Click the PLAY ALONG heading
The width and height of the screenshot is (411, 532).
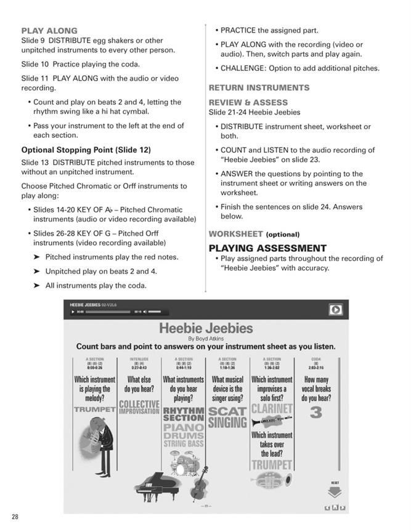point(49,30)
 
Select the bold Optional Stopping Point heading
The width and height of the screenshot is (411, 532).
point(86,150)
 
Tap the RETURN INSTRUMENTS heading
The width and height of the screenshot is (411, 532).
point(259,87)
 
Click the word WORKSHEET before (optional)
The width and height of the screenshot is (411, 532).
point(235,234)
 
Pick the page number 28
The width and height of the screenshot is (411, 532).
point(15,517)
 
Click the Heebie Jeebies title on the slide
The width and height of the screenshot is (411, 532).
point(206,328)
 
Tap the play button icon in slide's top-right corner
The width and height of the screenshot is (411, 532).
point(335,310)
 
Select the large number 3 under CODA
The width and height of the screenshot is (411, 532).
point(316,413)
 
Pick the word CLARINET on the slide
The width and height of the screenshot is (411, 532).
point(272,408)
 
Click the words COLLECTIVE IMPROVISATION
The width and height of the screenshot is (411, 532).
point(139,408)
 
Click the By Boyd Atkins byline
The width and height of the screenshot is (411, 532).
point(206,338)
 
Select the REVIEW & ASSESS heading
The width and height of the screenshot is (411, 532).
point(248,102)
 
